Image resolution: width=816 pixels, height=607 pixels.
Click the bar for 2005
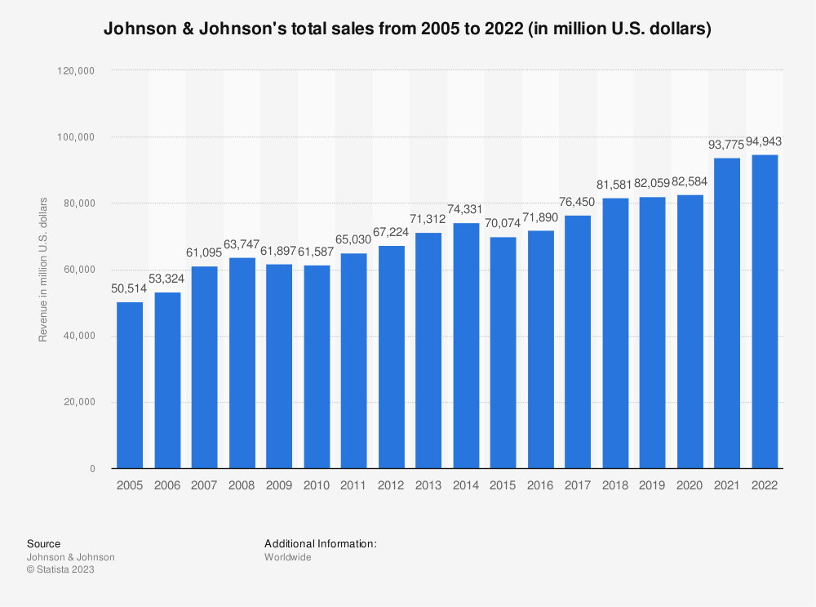(130, 385)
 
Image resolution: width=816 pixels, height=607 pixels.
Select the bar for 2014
(466, 346)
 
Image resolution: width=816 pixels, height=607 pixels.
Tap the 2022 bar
(765, 311)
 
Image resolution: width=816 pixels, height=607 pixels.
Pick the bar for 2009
(279, 366)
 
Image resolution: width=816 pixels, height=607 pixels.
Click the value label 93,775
(726, 145)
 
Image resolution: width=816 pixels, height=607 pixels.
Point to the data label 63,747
(242, 244)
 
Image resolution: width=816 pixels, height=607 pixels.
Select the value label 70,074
(503, 223)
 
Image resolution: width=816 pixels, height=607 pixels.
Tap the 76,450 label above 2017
(577, 202)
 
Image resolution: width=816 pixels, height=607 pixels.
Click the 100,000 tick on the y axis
(76, 137)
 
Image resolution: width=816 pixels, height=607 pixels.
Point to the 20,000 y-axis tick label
(80, 402)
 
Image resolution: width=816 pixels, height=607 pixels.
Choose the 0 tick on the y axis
(93, 468)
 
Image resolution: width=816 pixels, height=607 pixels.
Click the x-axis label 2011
(353, 485)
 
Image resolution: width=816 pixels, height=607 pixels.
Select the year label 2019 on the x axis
(652, 485)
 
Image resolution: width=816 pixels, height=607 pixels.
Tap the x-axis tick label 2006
(167, 485)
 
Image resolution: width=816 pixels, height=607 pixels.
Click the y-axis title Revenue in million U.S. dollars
(42, 270)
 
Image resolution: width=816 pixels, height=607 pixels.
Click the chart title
(407, 28)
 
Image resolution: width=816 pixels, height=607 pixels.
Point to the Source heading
(44, 543)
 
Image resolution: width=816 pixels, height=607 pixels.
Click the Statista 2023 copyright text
(60, 569)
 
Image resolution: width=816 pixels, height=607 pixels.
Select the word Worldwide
(288, 557)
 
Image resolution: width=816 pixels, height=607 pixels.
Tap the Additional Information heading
(321, 543)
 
